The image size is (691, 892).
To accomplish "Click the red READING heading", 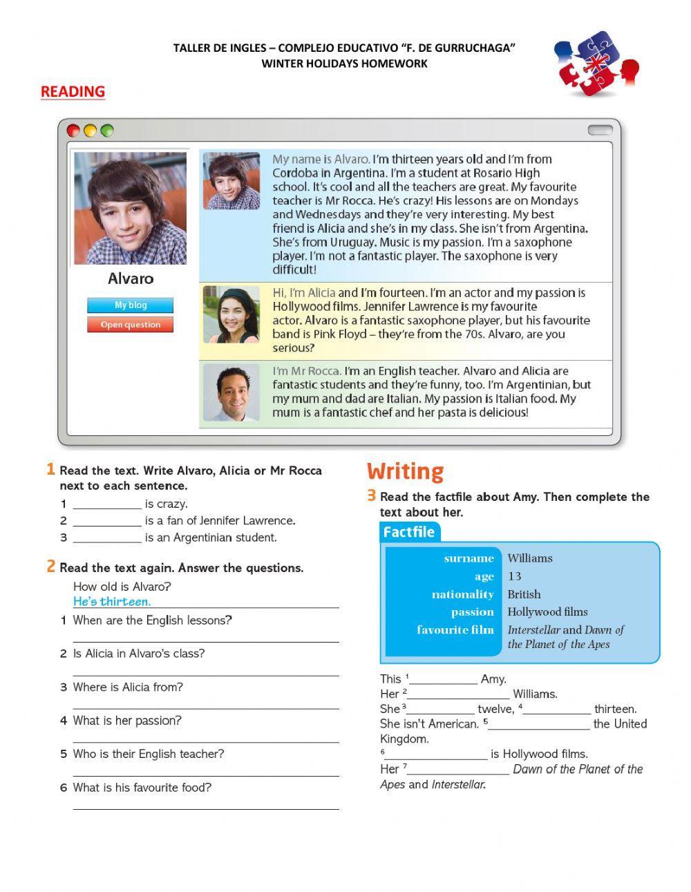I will (x=73, y=91).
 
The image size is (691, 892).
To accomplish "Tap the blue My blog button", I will (x=130, y=305).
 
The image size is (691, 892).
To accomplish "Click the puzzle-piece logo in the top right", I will (x=596, y=63).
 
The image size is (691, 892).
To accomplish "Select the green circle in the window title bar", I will (x=106, y=131).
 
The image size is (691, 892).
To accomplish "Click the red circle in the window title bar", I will (x=73, y=131).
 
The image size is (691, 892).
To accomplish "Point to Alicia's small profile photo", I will (x=231, y=314).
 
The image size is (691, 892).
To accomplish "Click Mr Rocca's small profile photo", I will (x=231, y=392).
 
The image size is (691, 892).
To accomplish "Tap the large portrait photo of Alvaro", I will (x=130, y=208).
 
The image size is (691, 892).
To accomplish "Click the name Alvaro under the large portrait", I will (x=131, y=278).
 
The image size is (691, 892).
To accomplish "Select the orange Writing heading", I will (x=405, y=471).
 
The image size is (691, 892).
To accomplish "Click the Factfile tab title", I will (x=409, y=532).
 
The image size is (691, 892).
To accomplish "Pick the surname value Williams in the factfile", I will (x=530, y=558).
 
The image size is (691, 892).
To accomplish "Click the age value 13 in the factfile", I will (x=515, y=576).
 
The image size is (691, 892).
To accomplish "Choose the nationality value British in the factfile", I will (x=524, y=594).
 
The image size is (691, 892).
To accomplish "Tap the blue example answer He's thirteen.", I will (x=112, y=602).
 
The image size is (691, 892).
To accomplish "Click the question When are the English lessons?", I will (x=153, y=620).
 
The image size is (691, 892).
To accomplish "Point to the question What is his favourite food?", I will (x=142, y=788).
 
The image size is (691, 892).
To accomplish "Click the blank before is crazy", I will (x=107, y=505).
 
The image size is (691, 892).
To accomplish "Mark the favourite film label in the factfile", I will (x=455, y=630).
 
